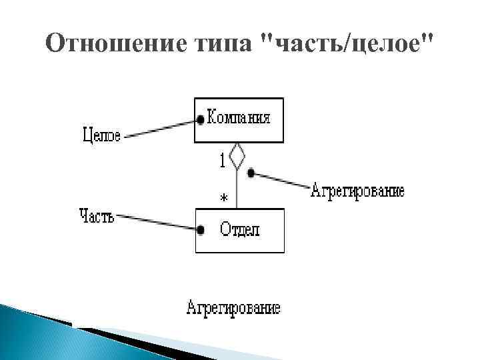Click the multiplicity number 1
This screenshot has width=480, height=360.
pyautogui.click(x=221, y=160)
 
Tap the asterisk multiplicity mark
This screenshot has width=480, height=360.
pyautogui.click(x=223, y=198)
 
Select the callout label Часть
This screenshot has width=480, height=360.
pyautogui.click(x=97, y=216)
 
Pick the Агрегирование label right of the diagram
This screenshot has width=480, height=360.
pyautogui.click(x=357, y=192)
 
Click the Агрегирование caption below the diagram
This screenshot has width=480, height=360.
pyautogui.click(x=233, y=308)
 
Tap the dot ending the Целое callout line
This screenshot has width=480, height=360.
pyautogui.click(x=200, y=120)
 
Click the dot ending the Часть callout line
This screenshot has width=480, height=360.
pyautogui.click(x=200, y=230)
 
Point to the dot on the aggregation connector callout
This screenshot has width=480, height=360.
pyautogui.click(x=251, y=173)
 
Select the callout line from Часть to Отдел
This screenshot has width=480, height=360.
pyautogui.click(x=157, y=223)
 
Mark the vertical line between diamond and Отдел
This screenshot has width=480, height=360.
pyautogui.click(x=237, y=190)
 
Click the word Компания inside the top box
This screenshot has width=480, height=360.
pyautogui.click(x=239, y=118)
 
